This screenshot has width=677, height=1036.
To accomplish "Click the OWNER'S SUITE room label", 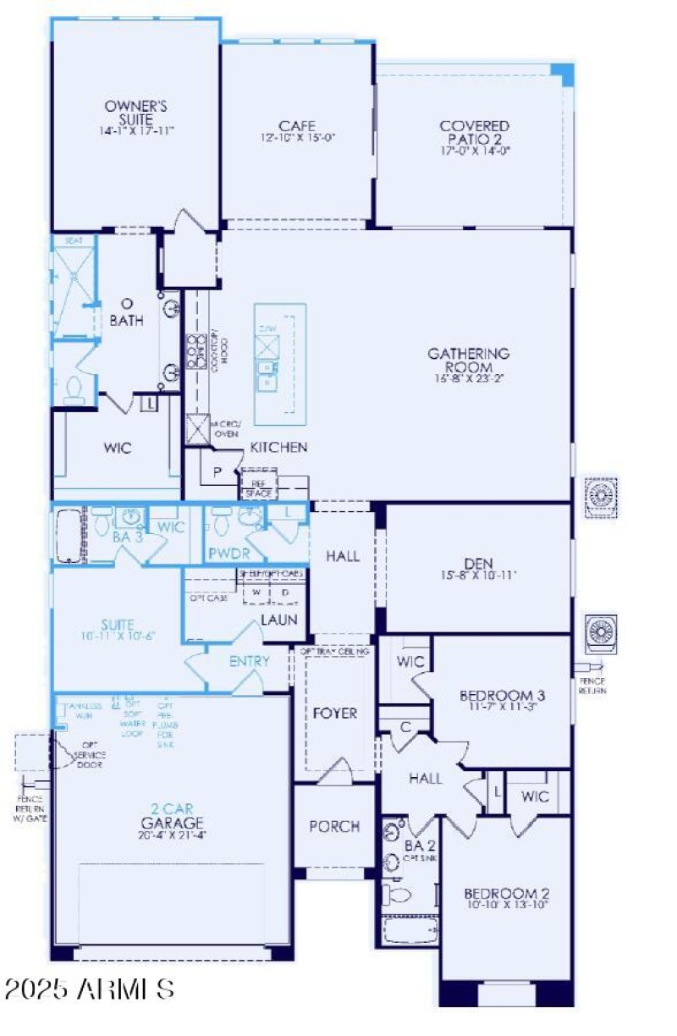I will (136, 113).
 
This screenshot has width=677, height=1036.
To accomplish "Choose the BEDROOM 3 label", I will (502, 697).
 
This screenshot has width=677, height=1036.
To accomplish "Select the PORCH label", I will (334, 826).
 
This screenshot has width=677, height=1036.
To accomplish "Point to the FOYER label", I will (334, 714).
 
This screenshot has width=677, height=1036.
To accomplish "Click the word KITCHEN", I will (278, 447).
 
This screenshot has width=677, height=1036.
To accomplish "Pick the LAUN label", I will (279, 620).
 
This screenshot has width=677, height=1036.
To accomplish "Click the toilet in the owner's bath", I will (74, 388).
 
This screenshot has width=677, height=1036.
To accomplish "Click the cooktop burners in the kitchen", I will (196, 348).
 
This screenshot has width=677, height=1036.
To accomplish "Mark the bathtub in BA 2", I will (409, 930).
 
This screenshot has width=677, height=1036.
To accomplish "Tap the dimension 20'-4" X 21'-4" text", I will (173, 835).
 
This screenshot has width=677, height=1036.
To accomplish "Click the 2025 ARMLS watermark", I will (89, 988).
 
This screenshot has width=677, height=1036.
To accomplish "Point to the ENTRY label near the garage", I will (250, 661).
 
